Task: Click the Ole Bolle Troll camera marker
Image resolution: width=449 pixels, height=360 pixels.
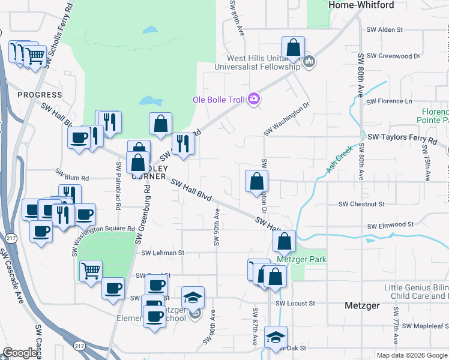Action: (253, 99)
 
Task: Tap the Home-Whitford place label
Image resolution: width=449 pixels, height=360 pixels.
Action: (361, 5)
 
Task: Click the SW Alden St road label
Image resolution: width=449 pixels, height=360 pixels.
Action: (384, 29)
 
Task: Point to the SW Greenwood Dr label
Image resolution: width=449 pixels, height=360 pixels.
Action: (393, 56)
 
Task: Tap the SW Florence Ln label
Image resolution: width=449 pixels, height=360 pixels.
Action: (391, 101)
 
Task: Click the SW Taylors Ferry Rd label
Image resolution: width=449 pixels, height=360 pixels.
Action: (403, 139)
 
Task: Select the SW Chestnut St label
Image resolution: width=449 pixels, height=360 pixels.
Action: (361, 204)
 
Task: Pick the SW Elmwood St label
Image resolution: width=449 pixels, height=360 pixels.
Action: (391, 225)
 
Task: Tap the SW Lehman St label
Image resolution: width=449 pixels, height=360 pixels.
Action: (162, 253)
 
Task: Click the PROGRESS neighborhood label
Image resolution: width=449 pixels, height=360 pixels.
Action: (40, 95)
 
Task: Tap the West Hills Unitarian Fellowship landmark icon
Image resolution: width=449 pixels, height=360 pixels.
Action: (309, 61)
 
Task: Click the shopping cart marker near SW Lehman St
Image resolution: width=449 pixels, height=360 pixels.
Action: (91, 270)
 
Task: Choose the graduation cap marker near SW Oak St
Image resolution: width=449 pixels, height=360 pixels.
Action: (276, 337)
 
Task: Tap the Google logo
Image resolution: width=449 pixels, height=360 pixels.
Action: (20, 353)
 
